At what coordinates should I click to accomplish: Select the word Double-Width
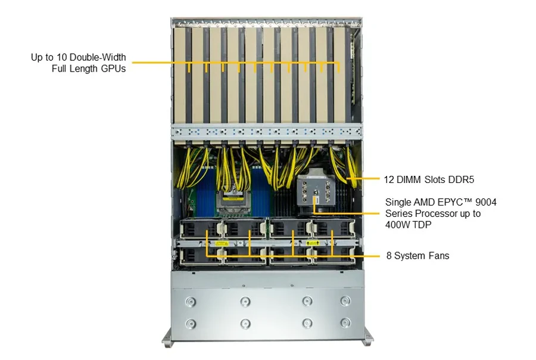click(x=98, y=57)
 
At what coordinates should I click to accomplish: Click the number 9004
click(x=486, y=202)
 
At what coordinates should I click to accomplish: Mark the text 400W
click(x=397, y=225)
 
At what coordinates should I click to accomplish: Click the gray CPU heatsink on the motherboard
click(x=314, y=190)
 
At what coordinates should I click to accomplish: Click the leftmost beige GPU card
click(x=179, y=75)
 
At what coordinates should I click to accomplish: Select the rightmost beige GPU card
click(x=339, y=75)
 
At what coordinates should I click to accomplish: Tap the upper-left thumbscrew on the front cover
click(x=191, y=302)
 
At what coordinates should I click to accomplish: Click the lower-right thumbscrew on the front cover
click(x=345, y=322)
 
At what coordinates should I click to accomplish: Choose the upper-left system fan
click(x=201, y=229)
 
